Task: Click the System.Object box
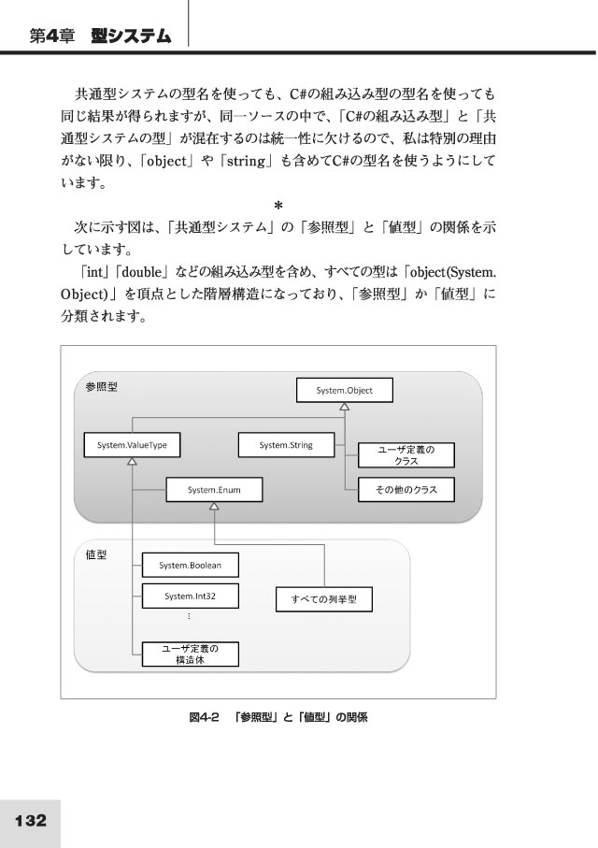345,390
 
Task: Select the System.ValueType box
132,445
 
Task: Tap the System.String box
286,445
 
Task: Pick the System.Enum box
214,490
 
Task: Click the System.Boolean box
191,565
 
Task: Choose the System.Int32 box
191,596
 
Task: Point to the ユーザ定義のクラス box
406,455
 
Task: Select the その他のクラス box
406,490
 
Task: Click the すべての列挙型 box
324,599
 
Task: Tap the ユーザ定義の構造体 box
191,654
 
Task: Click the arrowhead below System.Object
345,407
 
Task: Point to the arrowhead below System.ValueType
132,461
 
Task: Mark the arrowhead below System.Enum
214,506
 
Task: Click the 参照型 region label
101,387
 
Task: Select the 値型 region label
96,554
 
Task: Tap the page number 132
31,820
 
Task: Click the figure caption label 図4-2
204,717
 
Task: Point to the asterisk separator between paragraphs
278,206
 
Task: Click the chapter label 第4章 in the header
52,36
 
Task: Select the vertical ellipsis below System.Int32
189,616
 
